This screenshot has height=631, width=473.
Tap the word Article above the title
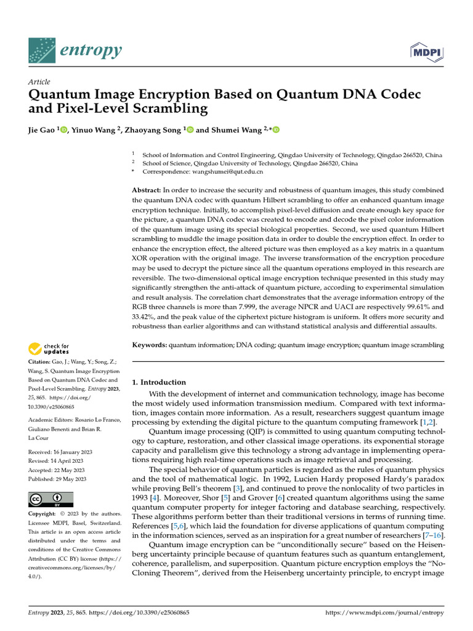pyautogui.click(x=39, y=82)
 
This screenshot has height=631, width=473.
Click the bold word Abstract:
pyautogui.click(x=148, y=191)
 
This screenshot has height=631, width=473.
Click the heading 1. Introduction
pyautogui.click(x=160, y=382)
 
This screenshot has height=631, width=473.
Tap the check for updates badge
pyautogui.click(x=49, y=349)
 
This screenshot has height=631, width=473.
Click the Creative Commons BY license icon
pyautogui.click(x=51, y=499)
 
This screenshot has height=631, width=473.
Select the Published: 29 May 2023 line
pyautogui.click(x=57, y=478)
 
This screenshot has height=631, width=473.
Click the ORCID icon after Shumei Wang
pyautogui.click(x=275, y=130)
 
